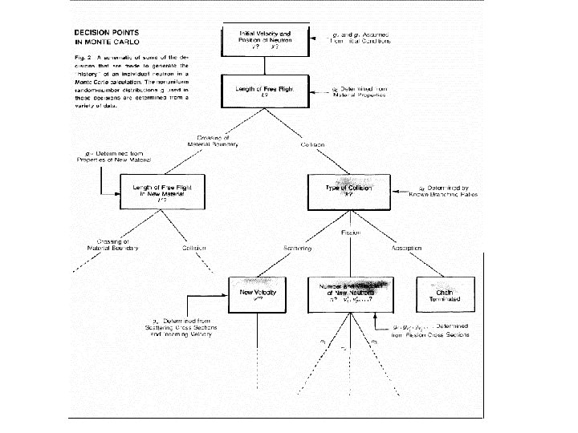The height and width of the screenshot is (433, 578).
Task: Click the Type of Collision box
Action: [348, 190]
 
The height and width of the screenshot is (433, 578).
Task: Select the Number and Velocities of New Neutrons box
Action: [349, 294]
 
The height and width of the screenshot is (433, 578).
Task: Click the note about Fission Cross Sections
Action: [430, 330]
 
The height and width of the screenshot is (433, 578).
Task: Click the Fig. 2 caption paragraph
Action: [131, 86]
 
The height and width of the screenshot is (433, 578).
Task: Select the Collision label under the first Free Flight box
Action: [312, 144]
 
